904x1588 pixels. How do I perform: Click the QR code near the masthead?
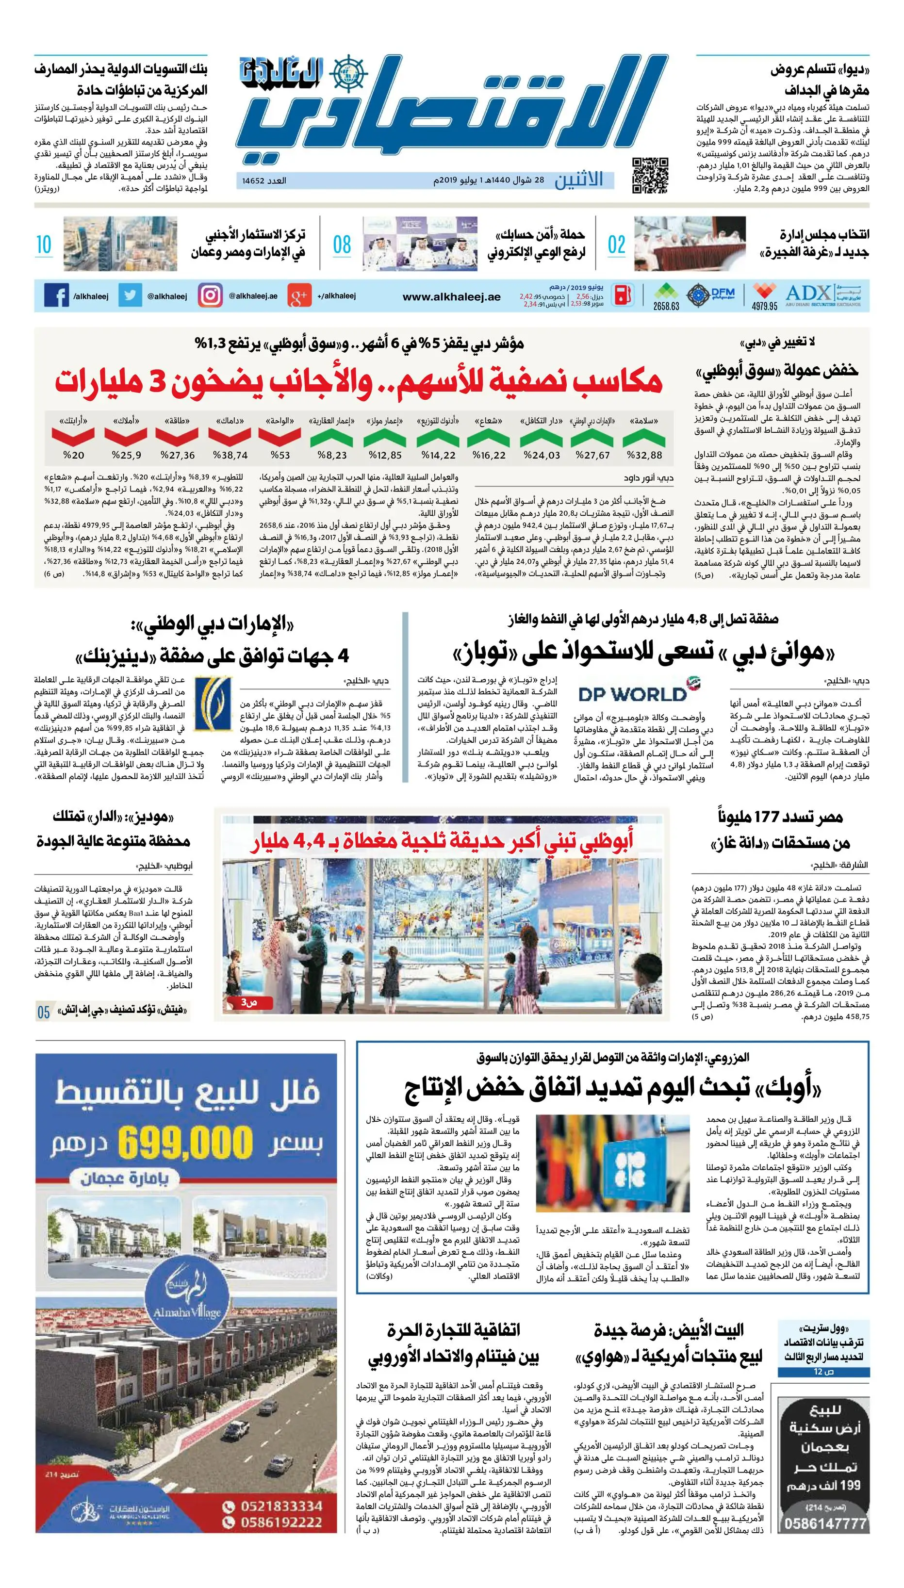coord(650,176)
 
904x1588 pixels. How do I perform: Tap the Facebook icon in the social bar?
coord(56,295)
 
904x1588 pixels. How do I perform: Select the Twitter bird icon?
coord(130,295)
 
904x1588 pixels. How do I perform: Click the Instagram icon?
coord(210,295)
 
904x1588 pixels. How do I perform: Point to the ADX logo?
coord(808,294)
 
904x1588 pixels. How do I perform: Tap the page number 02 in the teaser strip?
coord(616,245)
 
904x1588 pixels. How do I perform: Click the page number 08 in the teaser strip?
coord(342,245)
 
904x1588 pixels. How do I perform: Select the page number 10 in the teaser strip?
coord(44,245)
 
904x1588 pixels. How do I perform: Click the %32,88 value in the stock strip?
coord(644,455)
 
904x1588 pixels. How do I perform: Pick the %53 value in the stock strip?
coord(280,455)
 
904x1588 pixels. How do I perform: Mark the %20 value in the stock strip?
coord(73,455)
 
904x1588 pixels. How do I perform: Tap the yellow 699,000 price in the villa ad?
coord(185,1141)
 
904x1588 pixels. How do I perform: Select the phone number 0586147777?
coord(825,1523)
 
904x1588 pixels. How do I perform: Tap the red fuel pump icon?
coord(624,295)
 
